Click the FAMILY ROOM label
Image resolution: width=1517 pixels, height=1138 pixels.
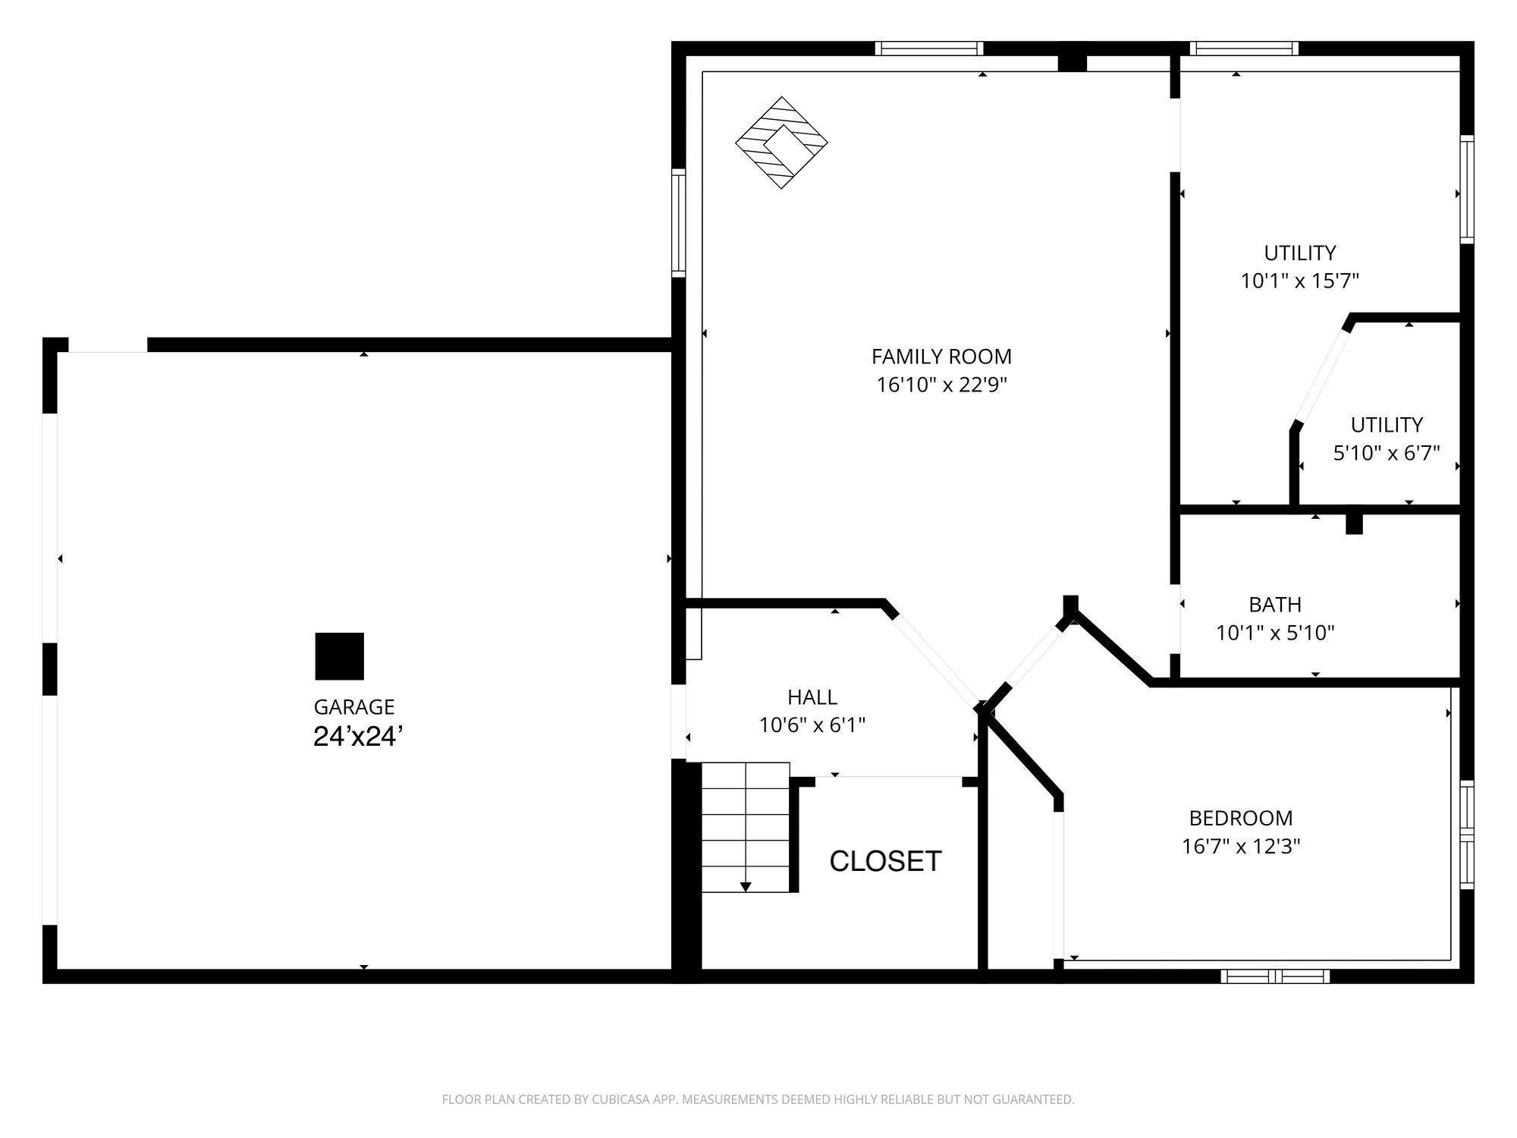(x=941, y=357)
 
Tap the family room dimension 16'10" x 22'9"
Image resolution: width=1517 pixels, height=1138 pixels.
(x=941, y=385)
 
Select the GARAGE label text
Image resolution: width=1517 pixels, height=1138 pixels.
(x=354, y=707)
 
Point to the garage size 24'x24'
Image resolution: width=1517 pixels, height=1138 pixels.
(x=357, y=737)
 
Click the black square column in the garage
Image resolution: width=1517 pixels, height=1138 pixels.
(x=340, y=656)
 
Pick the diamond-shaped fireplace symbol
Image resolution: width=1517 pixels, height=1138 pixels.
(x=781, y=143)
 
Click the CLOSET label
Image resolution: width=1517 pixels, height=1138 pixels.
(x=885, y=861)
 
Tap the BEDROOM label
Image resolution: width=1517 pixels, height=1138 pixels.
(x=1241, y=818)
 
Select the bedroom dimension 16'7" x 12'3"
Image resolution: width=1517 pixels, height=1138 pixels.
(x=1241, y=847)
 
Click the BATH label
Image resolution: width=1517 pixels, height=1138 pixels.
(x=1275, y=605)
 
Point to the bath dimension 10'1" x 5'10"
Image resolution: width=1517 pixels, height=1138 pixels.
(x=1275, y=633)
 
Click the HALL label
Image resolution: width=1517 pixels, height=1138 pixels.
(x=812, y=697)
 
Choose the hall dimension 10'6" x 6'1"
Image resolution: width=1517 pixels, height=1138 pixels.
(x=812, y=725)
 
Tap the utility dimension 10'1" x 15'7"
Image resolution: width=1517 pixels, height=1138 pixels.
(x=1299, y=281)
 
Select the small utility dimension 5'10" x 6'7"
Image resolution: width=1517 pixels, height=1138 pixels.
(x=1387, y=453)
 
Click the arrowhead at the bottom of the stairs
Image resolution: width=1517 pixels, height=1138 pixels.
(x=746, y=886)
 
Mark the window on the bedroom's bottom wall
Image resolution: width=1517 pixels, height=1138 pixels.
(x=1275, y=976)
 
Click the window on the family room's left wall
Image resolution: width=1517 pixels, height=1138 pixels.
(x=679, y=222)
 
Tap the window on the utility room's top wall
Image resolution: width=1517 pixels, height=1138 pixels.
(x=1244, y=49)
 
